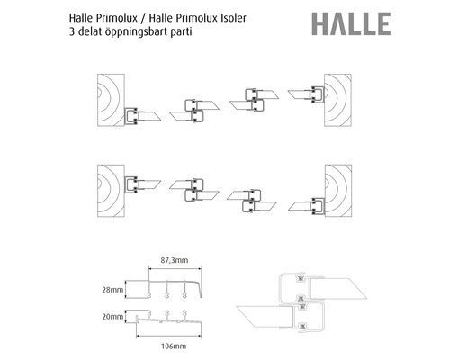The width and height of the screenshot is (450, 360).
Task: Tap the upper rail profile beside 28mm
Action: coord(171,288)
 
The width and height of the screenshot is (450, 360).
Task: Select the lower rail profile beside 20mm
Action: coord(171,319)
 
